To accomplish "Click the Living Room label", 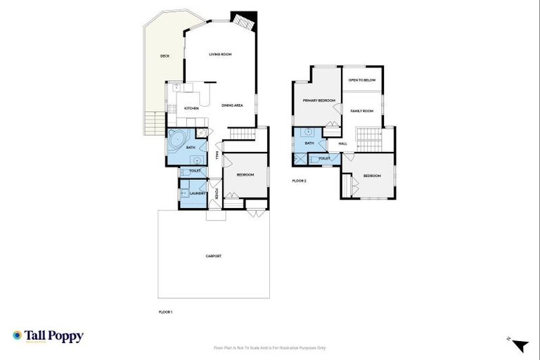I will pos(221,54).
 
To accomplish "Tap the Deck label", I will pos(165,56).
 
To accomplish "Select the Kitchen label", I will pos(191,108).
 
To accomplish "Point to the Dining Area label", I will pos(232,105).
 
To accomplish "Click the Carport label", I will pos(214,256).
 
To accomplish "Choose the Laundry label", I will pos(197,193).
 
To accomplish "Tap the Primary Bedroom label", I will pos(319,101).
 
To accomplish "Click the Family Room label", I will pos(362,111).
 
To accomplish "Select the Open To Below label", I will pos(362,80).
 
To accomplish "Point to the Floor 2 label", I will pos(299,181).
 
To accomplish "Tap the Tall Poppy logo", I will pos(48,336).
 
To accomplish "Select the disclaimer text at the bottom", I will pos(270,347).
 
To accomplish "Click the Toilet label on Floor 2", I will pos(324,158).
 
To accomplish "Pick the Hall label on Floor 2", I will pos(343,144).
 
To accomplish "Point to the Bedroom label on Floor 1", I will pos(245,174).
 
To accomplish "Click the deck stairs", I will pos(149,124).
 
